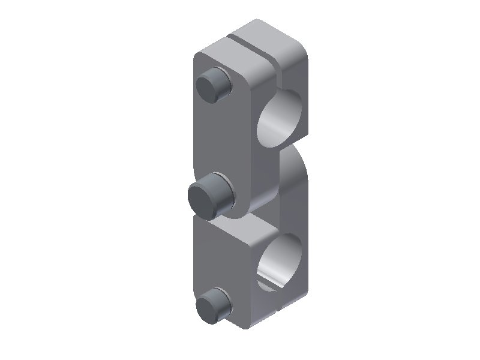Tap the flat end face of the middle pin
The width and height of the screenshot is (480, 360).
coord(203,196)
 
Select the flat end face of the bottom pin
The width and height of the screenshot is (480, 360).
coord(209,306)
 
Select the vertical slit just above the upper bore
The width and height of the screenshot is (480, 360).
coord(280,75)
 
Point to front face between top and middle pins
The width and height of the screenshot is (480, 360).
coord(219,138)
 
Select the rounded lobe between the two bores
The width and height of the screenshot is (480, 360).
coord(294,180)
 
